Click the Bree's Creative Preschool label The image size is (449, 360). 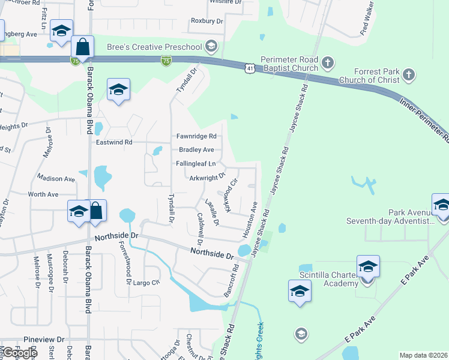pos(154,47)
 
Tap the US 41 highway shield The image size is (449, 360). pos(249,70)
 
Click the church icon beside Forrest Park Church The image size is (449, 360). pos(409,75)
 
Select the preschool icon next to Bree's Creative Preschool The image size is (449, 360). pos(211,46)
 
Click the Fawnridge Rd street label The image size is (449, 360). pos(196,136)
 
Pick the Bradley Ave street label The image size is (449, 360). pos(196,149)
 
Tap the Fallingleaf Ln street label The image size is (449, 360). pos(196,163)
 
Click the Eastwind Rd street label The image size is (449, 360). pos(113,142)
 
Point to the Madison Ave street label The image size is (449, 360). pos(56,178)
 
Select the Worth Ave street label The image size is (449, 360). pos(43,194)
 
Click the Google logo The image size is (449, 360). pos(20,353)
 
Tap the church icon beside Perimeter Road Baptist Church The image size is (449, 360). pos(327,62)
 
